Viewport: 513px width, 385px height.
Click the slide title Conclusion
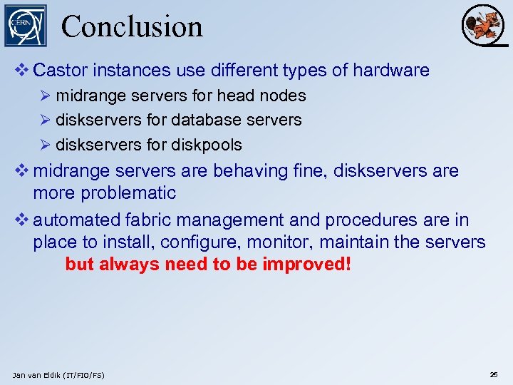tap(132, 26)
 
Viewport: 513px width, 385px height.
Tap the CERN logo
tap(25, 26)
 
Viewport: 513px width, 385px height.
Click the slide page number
tap(494, 374)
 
